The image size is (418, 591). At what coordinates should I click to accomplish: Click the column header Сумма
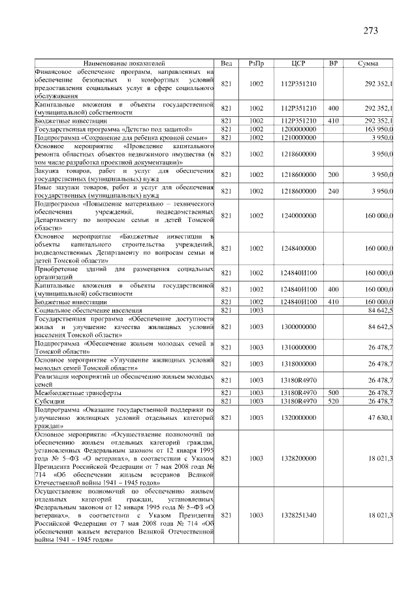tap(370, 63)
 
